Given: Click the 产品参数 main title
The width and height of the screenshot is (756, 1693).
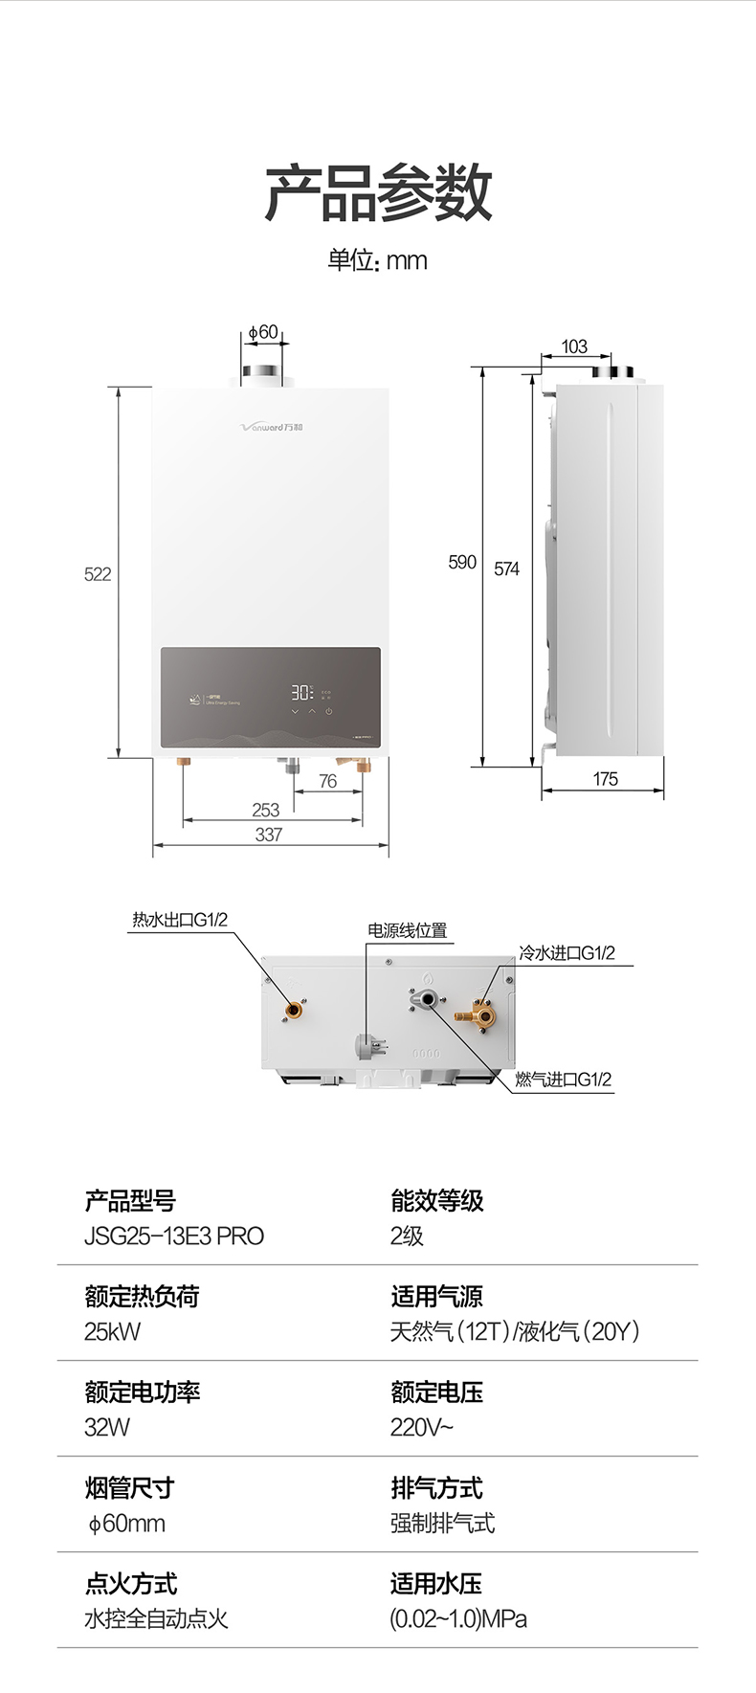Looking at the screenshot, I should [x=378, y=192].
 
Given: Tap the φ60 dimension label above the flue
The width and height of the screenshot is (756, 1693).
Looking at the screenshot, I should [x=262, y=332].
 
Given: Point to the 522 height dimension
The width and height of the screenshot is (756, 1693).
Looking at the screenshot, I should [x=98, y=574].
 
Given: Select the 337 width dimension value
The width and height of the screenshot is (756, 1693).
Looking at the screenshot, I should [x=269, y=835].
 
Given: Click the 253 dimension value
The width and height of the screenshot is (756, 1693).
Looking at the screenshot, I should [x=266, y=810].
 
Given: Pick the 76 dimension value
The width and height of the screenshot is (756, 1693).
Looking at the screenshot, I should [x=328, y=781].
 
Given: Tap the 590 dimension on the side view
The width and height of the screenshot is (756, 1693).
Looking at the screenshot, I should [x=462, y=562].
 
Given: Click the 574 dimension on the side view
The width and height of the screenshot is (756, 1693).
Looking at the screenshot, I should [x=506, y=568].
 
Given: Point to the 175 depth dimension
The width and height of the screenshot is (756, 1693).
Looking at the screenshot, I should [x=605, y=779].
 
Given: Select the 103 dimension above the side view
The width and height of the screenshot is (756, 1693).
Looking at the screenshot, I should [x=574, y=346].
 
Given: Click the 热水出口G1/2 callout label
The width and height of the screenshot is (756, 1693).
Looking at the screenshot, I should [x=180, y=920].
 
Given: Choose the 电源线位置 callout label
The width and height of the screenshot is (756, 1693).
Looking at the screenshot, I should [x=407, y=930].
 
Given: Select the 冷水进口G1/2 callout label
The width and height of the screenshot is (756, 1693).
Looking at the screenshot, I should [x=567, y=953].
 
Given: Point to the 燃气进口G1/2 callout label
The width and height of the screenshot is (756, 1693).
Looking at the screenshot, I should [x=563, y=1080].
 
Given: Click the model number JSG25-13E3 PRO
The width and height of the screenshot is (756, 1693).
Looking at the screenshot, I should [x=174, y=1236].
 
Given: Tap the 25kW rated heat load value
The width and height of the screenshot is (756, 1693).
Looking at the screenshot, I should [x=112, y=1331].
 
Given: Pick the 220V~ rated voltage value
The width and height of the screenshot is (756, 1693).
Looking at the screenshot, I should [x=421, y=1427].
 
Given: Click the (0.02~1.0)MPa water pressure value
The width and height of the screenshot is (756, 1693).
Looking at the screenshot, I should [x=458, y=1618].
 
